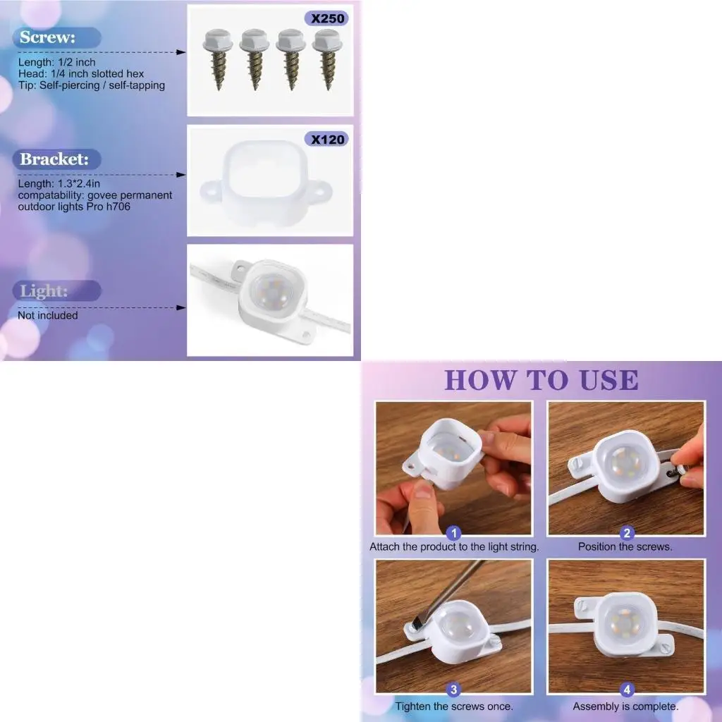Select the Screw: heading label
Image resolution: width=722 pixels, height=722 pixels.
coord(48,37)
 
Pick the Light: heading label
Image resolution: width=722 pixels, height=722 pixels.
coord(44,290)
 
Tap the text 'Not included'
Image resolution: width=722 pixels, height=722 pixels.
coord(48,315)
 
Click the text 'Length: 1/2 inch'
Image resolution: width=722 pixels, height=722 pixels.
coord(57,62)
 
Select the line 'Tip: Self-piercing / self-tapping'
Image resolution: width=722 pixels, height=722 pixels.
coord(92,85)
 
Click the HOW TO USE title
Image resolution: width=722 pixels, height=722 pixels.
coord(541,380)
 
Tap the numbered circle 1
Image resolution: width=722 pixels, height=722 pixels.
coord(455,534)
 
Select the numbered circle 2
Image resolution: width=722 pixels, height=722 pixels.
coord(627,534)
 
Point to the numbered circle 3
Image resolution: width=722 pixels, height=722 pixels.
coord(454,691)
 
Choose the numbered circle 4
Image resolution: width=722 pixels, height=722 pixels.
coord(627,691)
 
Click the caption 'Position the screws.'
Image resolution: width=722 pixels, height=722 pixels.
coord(625,546)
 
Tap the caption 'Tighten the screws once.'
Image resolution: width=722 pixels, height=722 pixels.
coord(454,706)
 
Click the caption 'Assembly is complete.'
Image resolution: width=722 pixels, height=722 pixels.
coord(625,706)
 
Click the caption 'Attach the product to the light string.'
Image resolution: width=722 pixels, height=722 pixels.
coord(454,546)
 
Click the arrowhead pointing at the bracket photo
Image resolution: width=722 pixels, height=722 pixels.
coord(182,174)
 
